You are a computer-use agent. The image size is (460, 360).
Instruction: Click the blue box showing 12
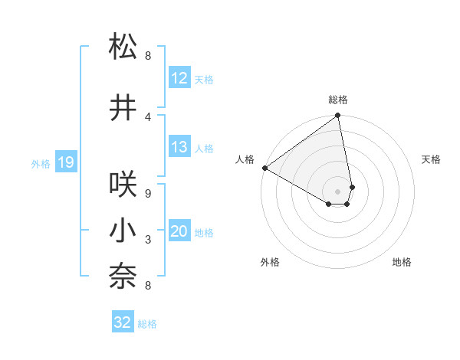[x=179, y=78]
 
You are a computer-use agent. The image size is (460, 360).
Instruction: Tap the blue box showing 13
[x=179, y=147]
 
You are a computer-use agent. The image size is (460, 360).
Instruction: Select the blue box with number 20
[x=179, y=232]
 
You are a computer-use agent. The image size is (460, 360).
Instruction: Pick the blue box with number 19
[x=65, y=162]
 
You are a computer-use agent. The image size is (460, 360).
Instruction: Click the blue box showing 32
[x=123, y=322]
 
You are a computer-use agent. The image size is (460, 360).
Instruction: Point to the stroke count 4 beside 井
[x=148, y=116]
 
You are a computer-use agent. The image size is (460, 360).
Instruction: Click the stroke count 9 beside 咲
[x=148, y=194]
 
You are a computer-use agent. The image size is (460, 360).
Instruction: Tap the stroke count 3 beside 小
[x=148, y=240]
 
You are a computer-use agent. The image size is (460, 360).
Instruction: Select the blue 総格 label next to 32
[x=147, y=324]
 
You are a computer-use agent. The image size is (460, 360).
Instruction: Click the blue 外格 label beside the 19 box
[x=41, y=163]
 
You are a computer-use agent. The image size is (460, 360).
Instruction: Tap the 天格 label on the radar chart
[x=431, y=159]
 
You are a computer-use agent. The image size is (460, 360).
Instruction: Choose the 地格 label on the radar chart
[x=402, y=262]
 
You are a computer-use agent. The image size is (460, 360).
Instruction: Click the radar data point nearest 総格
[x=337, y=116]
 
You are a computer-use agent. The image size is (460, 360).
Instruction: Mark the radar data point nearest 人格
[x=264, y=167]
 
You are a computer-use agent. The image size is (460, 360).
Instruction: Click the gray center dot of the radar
[x=337, y=191]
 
